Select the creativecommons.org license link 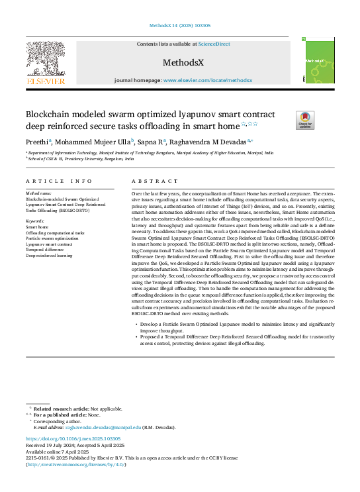click(75, 465)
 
